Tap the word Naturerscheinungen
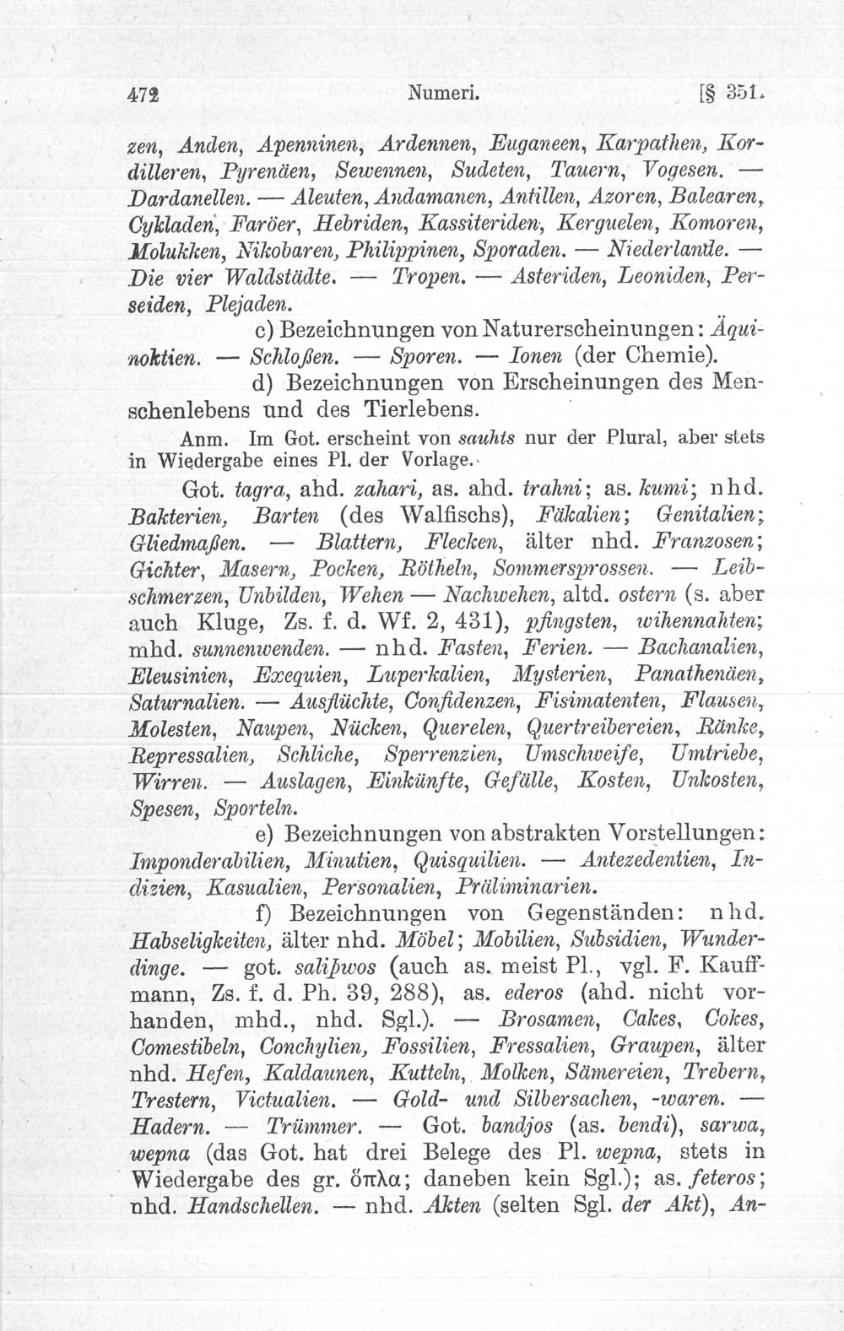(x=603, y=327)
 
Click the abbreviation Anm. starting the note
(x=199, y=440)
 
